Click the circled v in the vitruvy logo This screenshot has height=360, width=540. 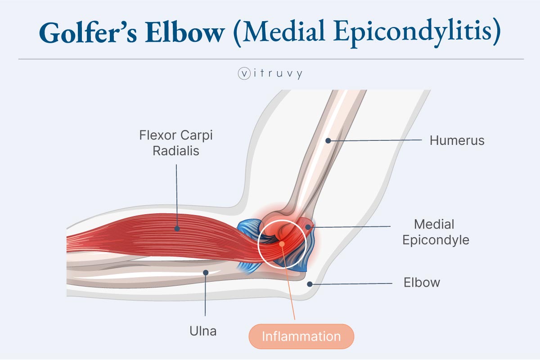(243, 74)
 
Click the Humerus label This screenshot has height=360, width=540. (457, 140)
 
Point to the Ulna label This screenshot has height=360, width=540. (202, 332)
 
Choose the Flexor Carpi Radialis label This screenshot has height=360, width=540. (175, 143)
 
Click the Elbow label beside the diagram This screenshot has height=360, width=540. (422, 283)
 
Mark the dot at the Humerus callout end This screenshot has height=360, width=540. (328, 140)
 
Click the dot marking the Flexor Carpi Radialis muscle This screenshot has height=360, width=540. (177, 229)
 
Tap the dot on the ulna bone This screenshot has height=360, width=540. (205, 272)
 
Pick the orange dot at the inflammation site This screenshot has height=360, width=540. (282, 244)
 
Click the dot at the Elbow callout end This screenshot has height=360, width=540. (310, 283)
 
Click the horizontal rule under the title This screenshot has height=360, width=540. (270, 59)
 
